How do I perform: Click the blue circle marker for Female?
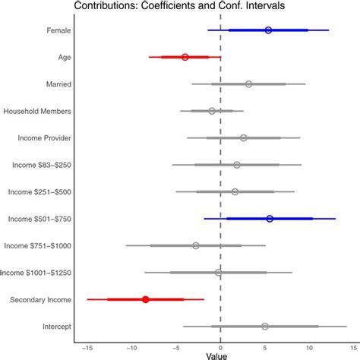click(x=268, y=30)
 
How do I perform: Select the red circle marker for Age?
click(x=185, y=57)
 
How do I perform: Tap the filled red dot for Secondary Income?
click(x=146, y=299)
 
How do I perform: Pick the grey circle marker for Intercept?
click(x=264, y=327)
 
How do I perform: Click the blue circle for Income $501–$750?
click(x=270, y=219)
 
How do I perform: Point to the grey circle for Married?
click(x=248, y=84)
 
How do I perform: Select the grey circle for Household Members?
click(x=212, y=111)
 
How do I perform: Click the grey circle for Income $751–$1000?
click(x=196, y=245)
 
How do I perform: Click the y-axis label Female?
click(x=58, y=30)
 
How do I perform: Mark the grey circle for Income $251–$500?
click(x=235, y=191)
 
